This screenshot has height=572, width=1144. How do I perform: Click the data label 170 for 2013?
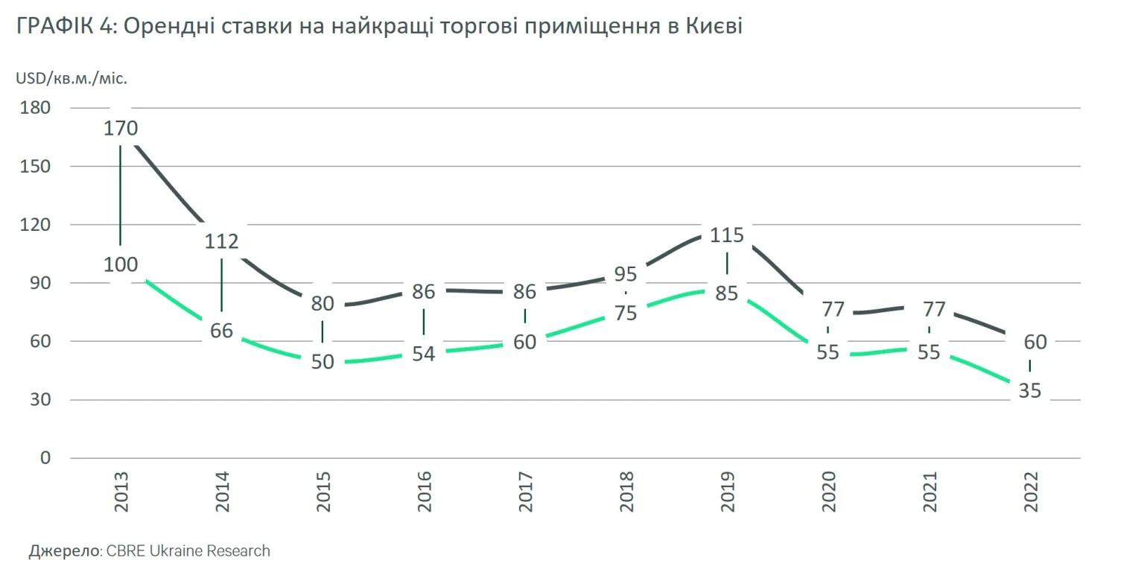pyautogui.click(x=121, y=128)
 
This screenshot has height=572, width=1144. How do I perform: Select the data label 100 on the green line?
pyautogui.click(x=121, y=264)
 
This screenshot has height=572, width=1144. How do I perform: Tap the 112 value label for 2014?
pyautogui.click(x=222, y=241)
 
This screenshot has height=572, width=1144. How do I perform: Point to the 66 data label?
pyautogui.click(x=222, y=331)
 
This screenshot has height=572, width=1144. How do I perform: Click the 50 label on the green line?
pyautogui.click(x=322, y=362)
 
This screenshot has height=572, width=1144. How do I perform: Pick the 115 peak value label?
pyautogui.click(x=727, y=235)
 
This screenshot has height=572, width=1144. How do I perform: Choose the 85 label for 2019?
pyautogui.click(x=727, y=293)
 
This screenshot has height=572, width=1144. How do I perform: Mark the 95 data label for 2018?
pyautogui.click(x=626, y=274)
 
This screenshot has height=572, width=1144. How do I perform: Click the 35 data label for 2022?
pyautogui.click(x=1029, y=390)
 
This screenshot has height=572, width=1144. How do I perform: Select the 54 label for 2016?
pyautogui.click(x=424, y=353)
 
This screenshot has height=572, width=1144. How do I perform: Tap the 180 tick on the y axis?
pyautogui.click(x=36, y=108)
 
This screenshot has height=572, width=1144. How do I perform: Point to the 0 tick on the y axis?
pyautogui.click(x=45, y=458)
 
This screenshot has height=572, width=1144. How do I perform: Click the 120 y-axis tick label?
pyautogui.click(x=36, y=225)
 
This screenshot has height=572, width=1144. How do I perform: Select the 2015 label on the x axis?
pyautogui.click(x=323, y=491)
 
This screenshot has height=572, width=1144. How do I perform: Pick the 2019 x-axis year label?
pyautogui.click(x=728, y=491)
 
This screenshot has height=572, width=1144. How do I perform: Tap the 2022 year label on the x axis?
pyautogui.click(x=1031, y=491)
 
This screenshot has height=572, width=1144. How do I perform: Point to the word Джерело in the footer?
pyautogui.click(x=64, y=551)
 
